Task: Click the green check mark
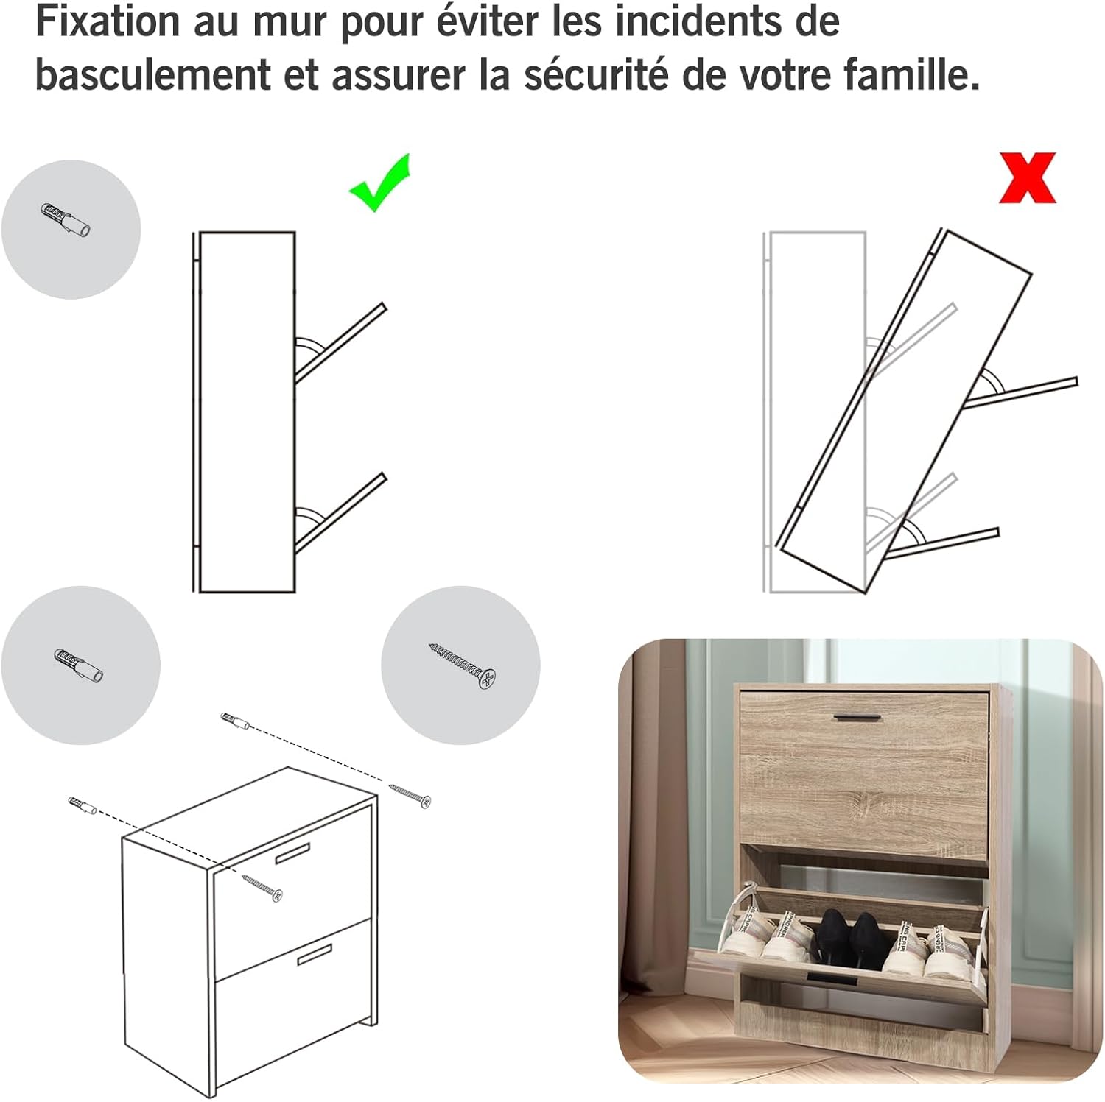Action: (x=379, y=184)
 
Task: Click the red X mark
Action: (x=1028, y=177)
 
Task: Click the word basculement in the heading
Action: (x=153, y=74)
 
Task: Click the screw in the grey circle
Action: (x=462, y=665)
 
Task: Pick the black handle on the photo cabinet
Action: (x=858, y=716)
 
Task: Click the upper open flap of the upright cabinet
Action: (x=340, y=342)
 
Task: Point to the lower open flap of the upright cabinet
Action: (x=340, y=512)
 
